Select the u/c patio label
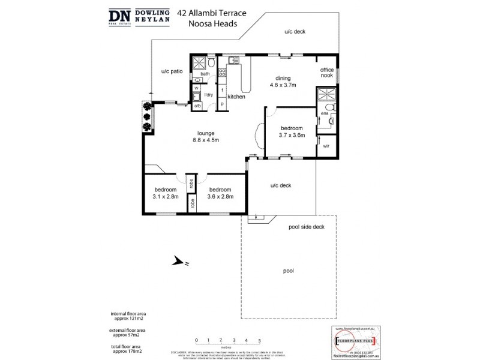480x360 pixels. coord(172,71)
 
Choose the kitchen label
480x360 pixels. coord(236,96)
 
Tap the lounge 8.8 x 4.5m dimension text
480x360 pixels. coord(205,140)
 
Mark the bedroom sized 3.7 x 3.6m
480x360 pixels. coord(291,135)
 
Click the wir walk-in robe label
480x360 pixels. coord(326,146)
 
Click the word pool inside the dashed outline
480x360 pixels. coord(288,271)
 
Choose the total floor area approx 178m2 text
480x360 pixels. coord(128,349)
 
